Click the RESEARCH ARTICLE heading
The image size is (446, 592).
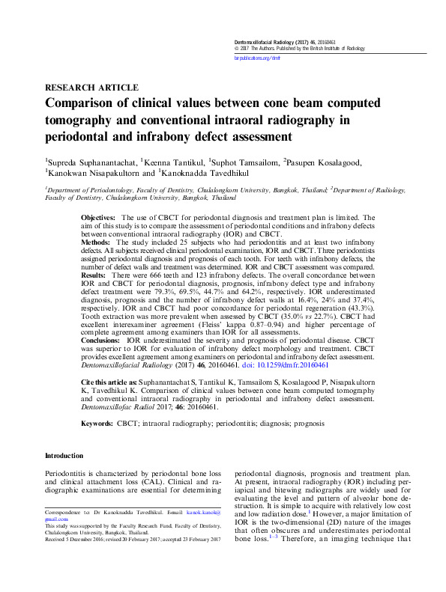click(91, 88)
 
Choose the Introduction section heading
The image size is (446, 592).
click(64, 456)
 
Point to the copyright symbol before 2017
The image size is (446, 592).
click(236, 47)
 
